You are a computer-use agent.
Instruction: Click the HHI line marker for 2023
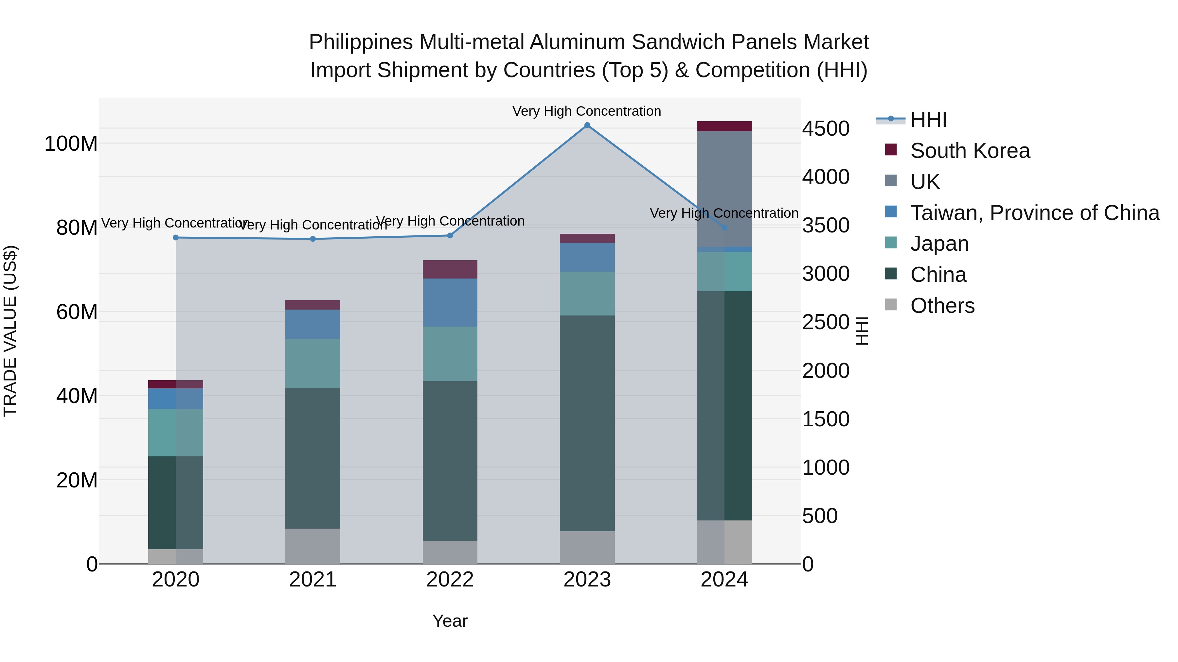coord(587,125)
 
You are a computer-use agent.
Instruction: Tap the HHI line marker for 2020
coord(176,238)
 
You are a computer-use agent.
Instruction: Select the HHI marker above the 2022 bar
coord(450,235)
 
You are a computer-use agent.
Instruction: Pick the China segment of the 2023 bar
coord(587,423)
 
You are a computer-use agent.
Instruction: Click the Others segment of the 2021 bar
coord(313,546)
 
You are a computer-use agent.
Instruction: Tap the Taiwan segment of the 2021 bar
coord(313,324)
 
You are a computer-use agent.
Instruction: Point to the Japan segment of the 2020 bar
coord(176,432)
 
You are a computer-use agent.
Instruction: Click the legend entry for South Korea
coord(970,151)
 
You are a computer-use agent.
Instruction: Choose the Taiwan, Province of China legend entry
coord(1034,213)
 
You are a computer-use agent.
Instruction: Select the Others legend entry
coord(942,306)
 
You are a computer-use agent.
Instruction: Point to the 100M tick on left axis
coord(71,144)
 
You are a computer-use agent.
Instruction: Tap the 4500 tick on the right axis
coord(826,128)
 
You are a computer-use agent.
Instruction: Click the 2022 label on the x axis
coord(450,580)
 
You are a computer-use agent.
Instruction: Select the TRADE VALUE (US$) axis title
coord(10,331)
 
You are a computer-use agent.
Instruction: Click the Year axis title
coord(450,621)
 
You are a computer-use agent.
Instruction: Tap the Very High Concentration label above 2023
coord(587,111)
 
